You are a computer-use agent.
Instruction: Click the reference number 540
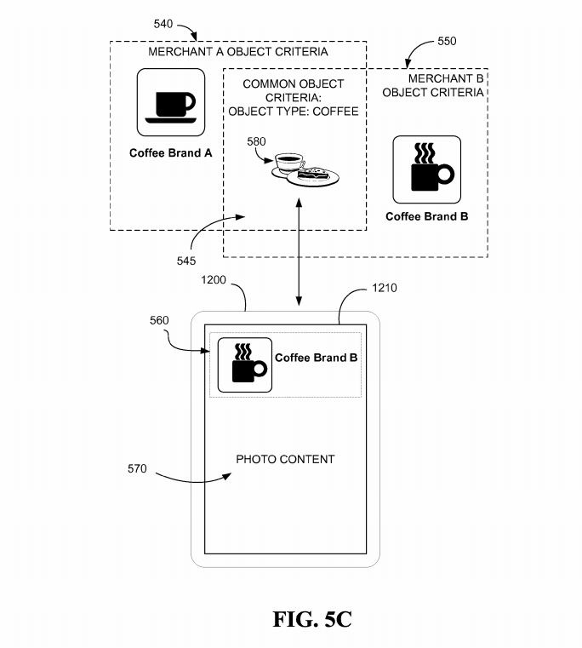(x=163, y=24)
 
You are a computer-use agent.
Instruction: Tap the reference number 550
(x=447, y=42)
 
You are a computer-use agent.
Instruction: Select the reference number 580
(x=256, y=141)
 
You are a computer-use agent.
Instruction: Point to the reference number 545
(x=185, y=261)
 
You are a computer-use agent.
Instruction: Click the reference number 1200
(x=213, y=280)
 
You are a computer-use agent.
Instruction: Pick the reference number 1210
(x=384, y=288)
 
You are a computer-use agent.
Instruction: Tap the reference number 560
(x=159, y=320)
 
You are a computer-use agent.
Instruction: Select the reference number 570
(x=137, y=468)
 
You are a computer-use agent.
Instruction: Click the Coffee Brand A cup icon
(x=170, y=102)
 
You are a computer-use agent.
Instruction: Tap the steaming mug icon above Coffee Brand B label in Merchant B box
(x=426, y=169)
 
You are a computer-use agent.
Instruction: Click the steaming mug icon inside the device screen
(x=245, y=365)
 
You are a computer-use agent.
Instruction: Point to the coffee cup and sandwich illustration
(x=305, y=169)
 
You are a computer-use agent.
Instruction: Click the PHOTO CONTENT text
(x=285, y=459)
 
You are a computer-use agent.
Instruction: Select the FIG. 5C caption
(x=312, y=620)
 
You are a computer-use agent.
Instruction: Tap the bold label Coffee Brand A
(x=170, y=153)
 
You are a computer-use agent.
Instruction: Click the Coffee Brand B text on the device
(x=316, y=358)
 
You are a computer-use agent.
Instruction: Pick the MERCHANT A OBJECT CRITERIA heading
(x=238, y=52)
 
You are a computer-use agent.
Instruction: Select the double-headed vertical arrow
(x=299, y=252)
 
